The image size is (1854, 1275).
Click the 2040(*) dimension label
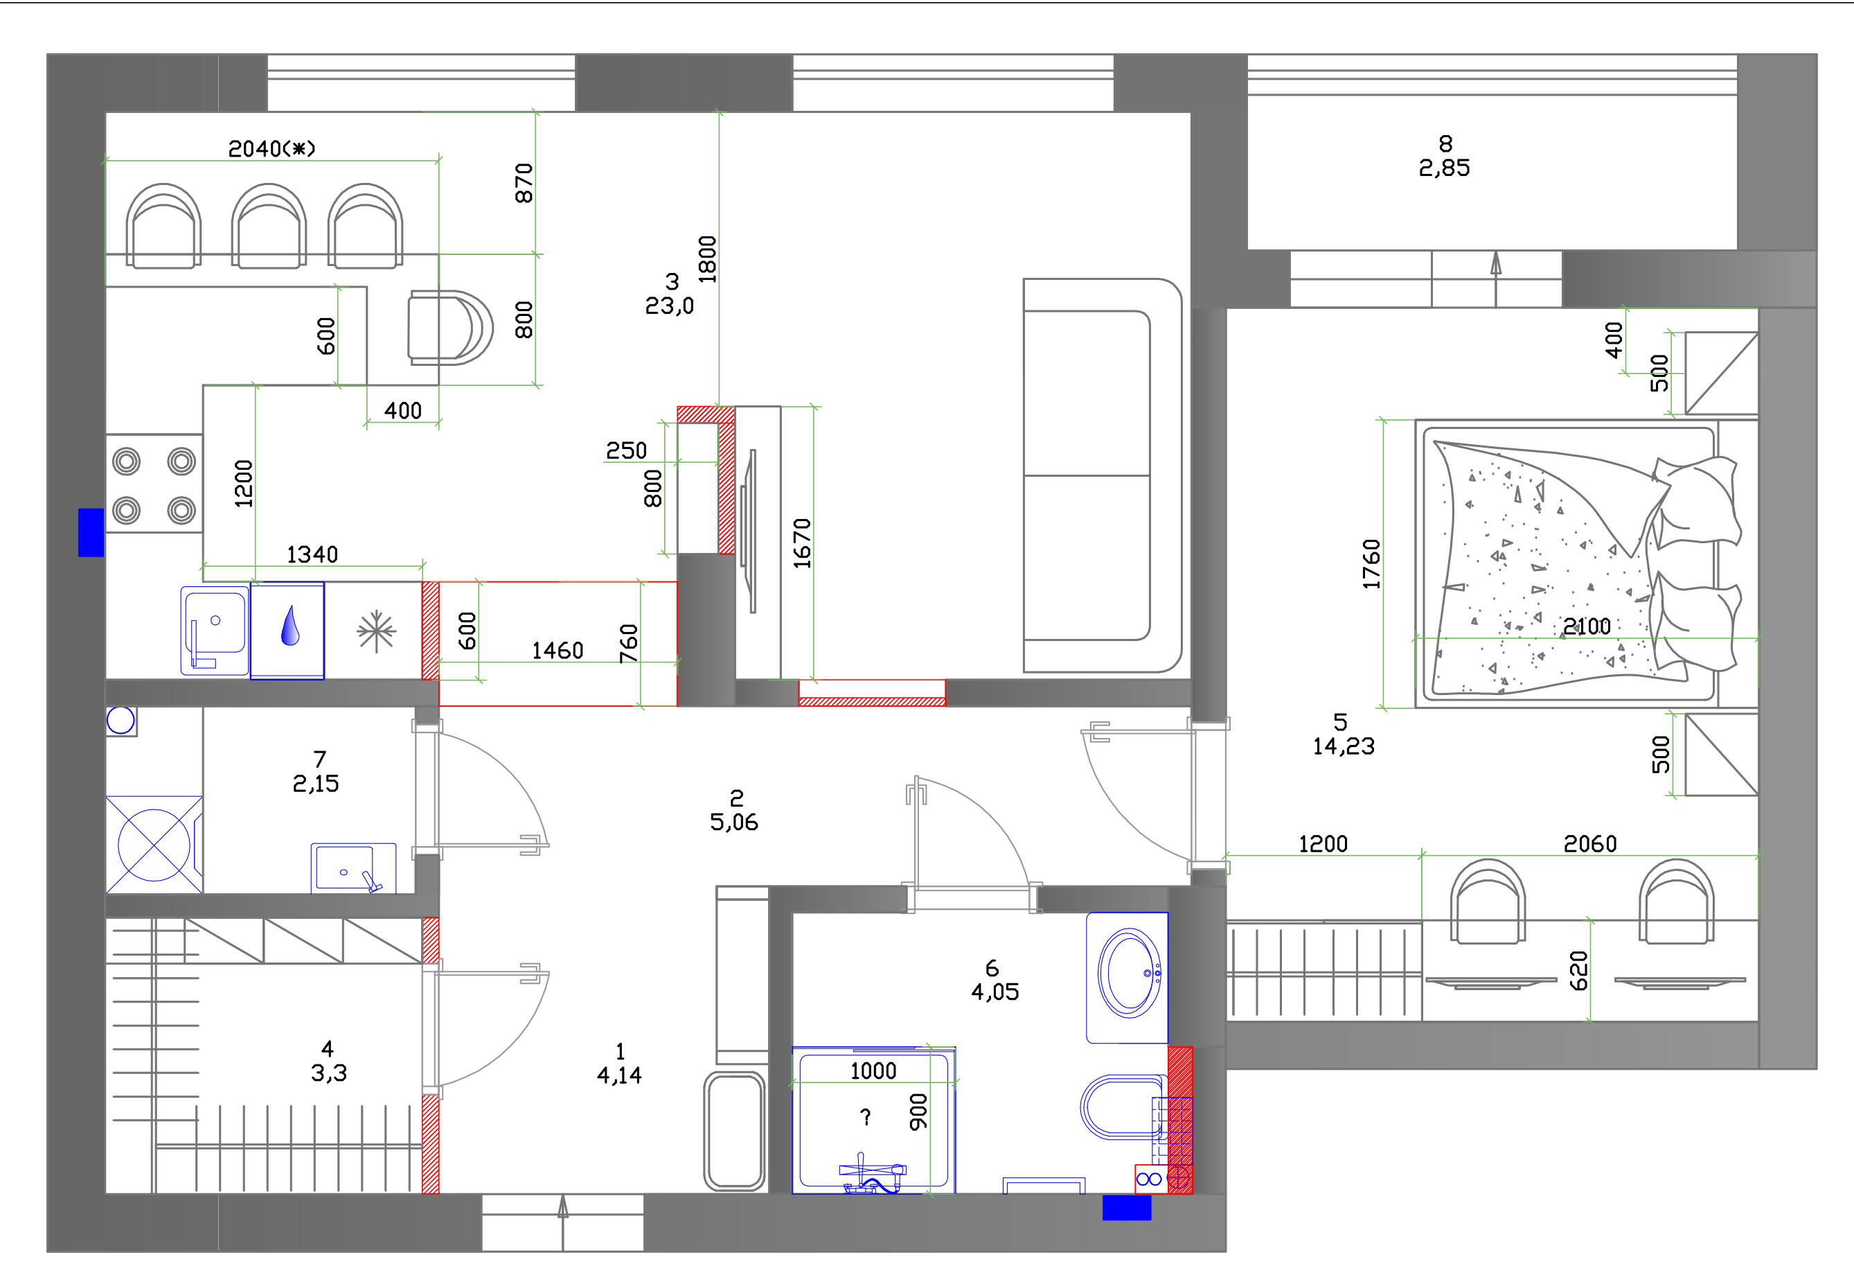point(271,148)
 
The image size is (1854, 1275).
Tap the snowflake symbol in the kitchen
point(376,632)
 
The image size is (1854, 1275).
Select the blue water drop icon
point(289,626)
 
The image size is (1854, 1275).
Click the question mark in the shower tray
point(866,1116)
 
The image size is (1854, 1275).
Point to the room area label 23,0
point(669,306)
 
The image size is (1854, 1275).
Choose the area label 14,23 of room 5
point(1344,746)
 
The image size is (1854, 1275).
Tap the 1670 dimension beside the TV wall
point(801,543)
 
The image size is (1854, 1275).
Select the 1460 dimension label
point(558,651)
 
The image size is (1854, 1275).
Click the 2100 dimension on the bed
point(1587,626)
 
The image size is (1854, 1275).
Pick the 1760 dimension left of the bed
point(1371,564)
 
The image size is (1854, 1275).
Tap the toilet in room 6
point(1122,1107)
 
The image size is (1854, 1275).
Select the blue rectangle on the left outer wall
point(91,532)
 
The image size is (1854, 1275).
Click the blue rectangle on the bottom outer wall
point(1127,1208)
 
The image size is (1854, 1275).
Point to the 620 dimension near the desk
point(1578,971)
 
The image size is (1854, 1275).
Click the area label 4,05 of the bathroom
point(995,992)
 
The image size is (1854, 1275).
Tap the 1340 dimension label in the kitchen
point(312,554)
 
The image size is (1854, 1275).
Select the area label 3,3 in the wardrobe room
point(329,1073)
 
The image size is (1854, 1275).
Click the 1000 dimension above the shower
point(873,1071)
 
